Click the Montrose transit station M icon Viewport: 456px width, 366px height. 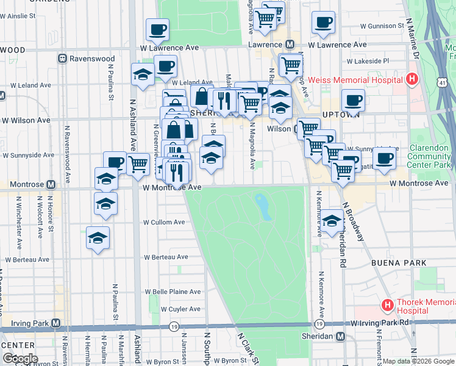tap(51, 184)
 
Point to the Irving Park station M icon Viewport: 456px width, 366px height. tap(56, 323)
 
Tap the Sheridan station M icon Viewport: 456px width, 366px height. tap(340, 337)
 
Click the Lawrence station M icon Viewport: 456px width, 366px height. tap(290, 45)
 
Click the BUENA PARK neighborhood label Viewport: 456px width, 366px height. tap(394, 262)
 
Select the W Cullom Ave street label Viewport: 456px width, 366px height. tap(164, 223)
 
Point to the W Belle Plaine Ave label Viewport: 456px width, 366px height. tap(172, 292)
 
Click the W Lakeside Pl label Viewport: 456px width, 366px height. tap(367, 61)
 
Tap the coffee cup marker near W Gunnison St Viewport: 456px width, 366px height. tap(323, 23)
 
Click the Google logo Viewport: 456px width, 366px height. tap(20, 359)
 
